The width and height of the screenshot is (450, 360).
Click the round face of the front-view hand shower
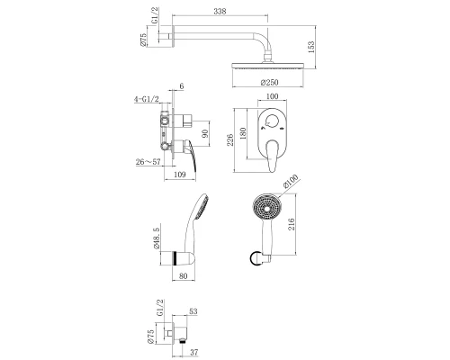tap(265, 212)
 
